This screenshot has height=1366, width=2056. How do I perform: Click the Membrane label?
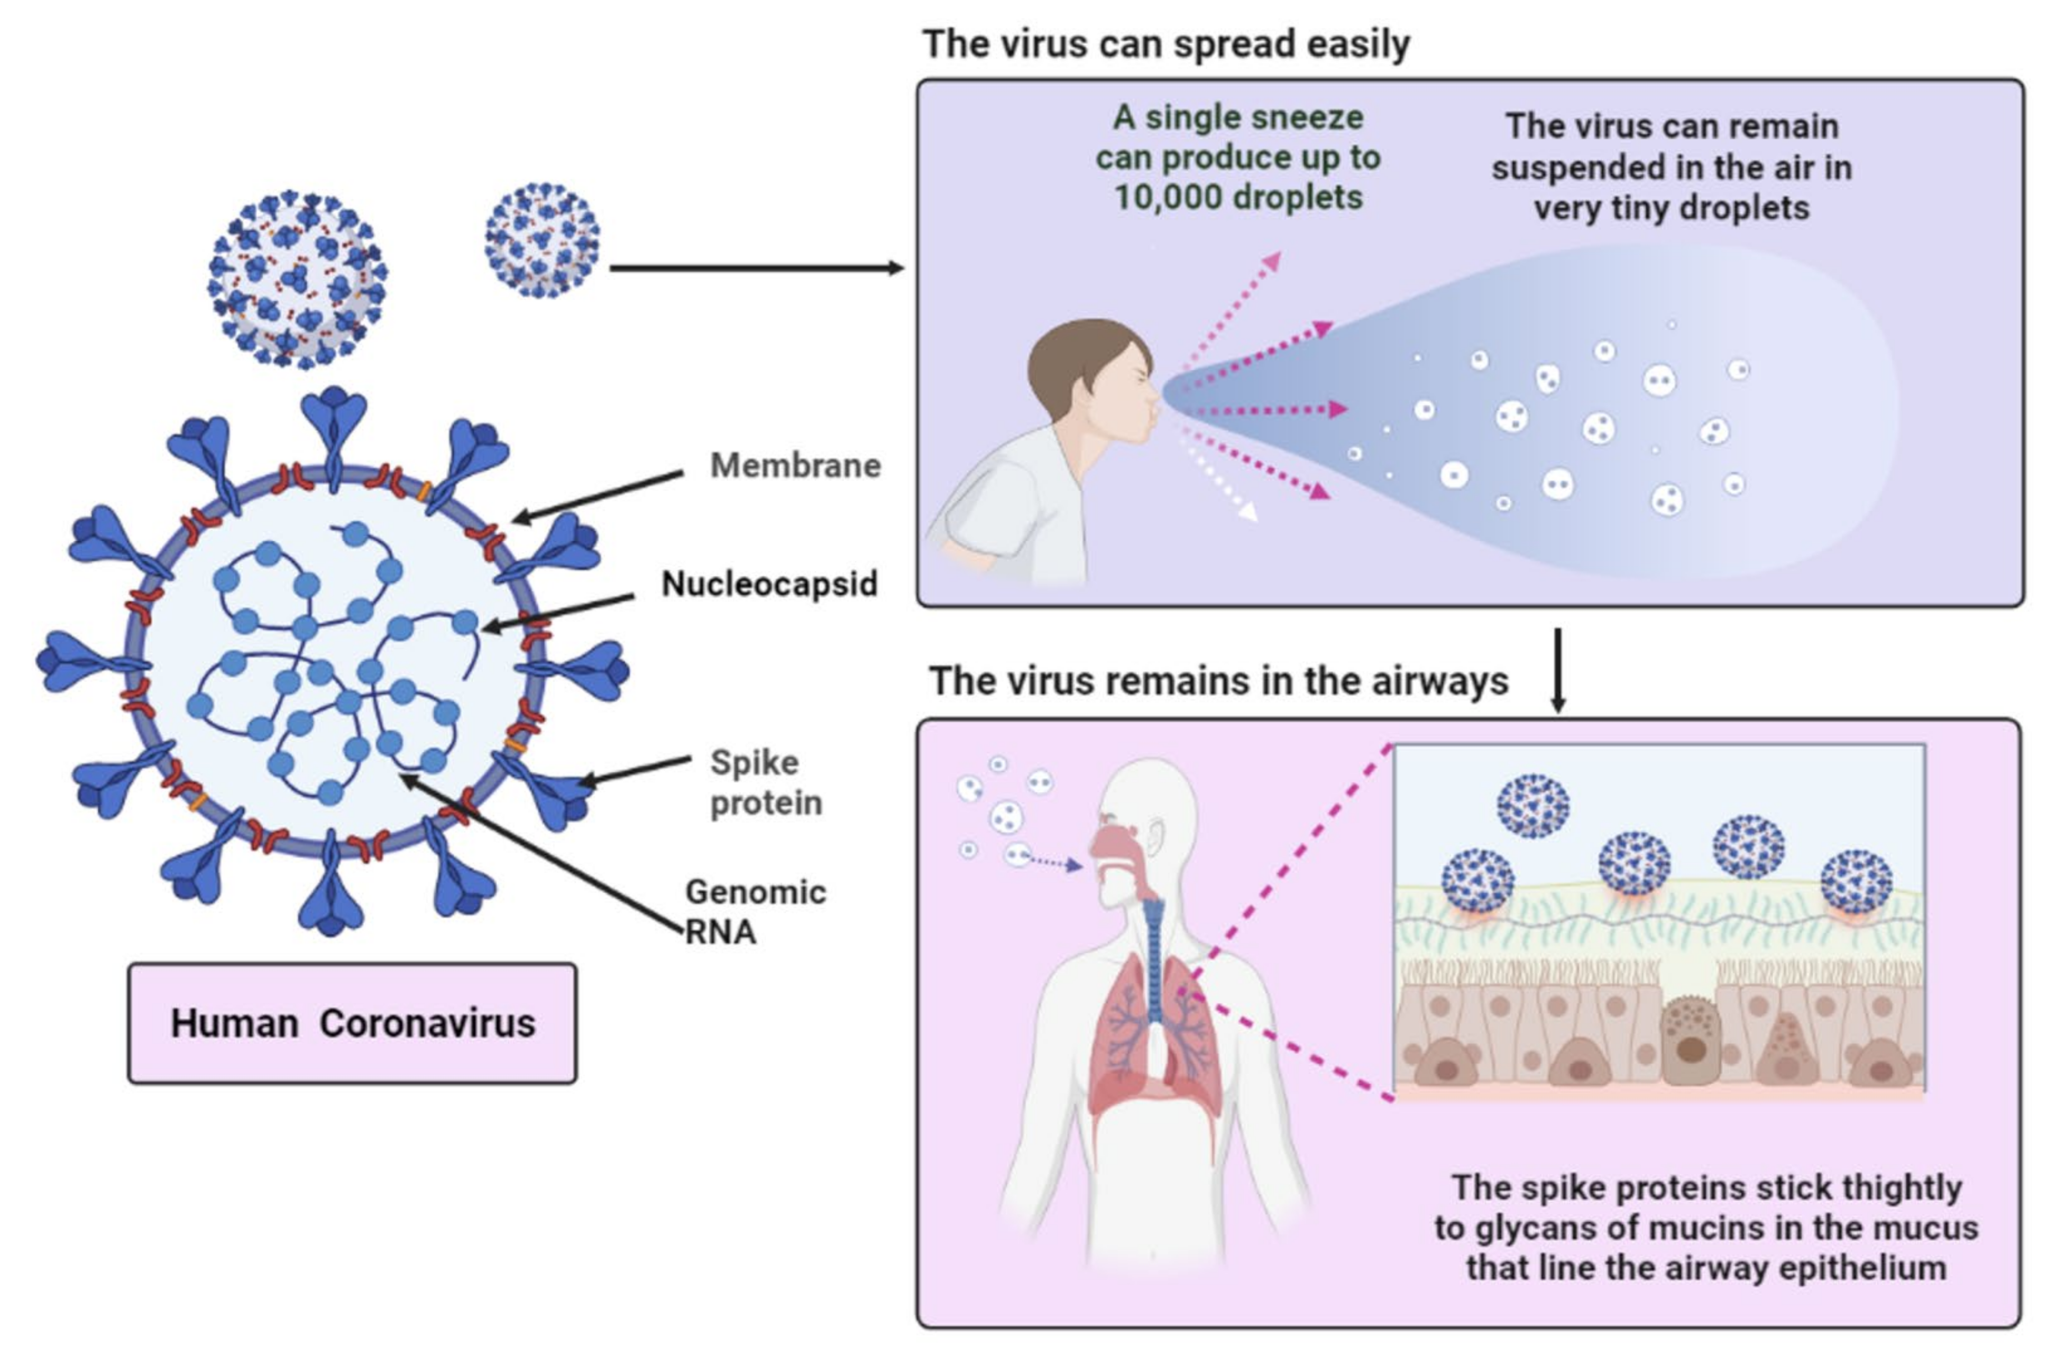[794, 466]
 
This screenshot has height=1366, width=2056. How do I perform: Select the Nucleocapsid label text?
[768, 584]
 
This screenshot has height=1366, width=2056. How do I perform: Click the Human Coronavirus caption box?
[352, 1023]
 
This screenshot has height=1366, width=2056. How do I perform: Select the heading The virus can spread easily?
[1165, 43]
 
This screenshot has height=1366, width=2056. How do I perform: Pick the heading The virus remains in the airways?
[1218, 681]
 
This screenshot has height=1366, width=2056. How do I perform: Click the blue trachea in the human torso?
[1153, 958]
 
